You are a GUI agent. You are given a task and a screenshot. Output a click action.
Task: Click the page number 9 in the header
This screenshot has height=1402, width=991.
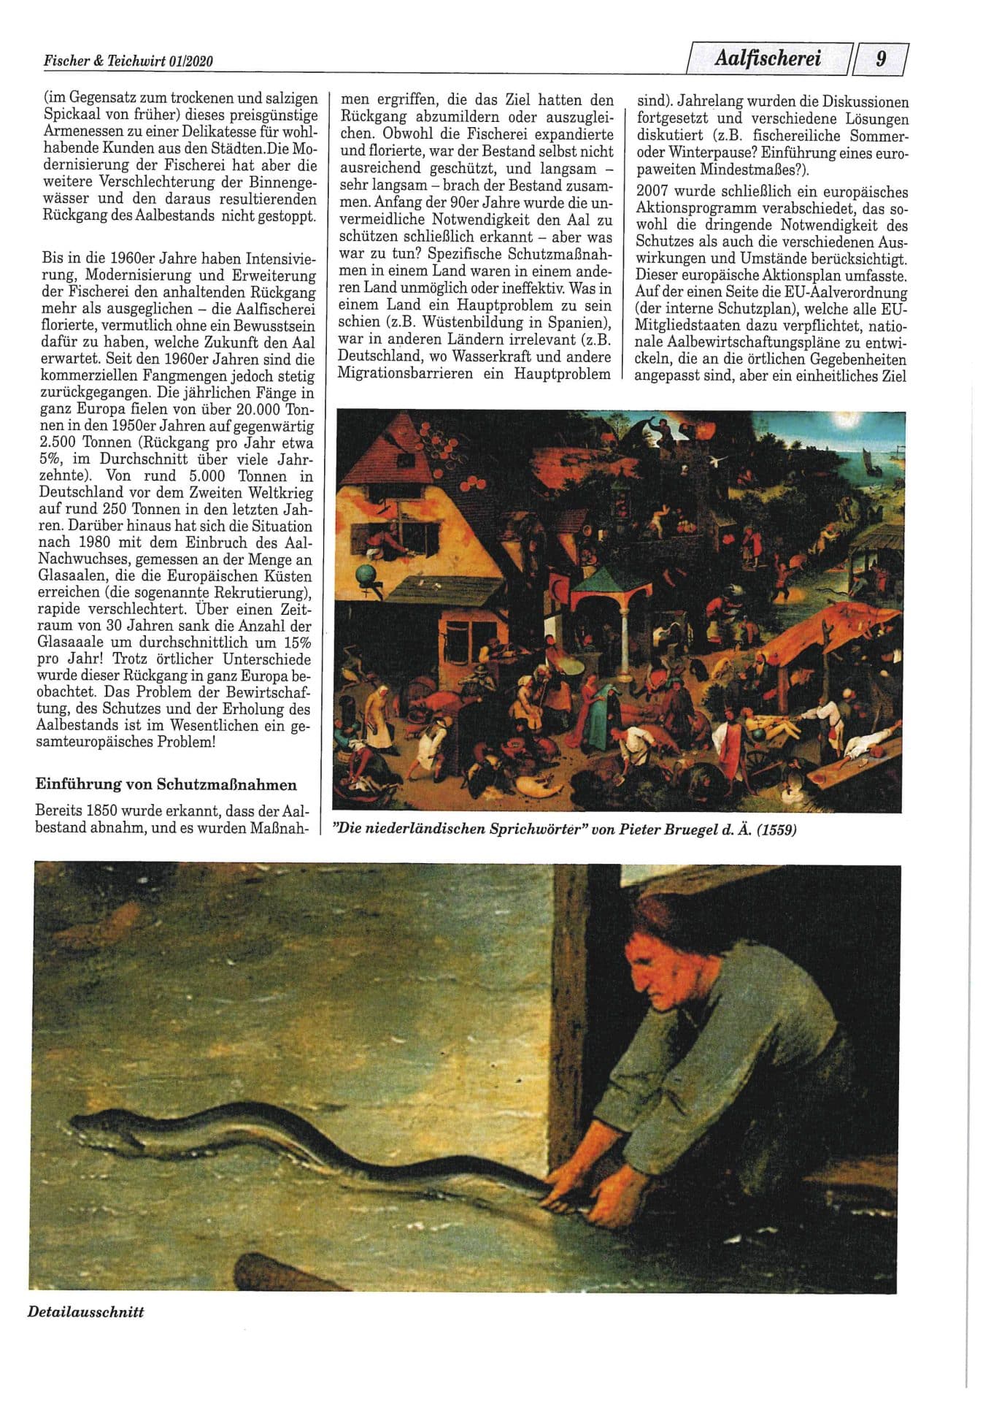coord(882,58)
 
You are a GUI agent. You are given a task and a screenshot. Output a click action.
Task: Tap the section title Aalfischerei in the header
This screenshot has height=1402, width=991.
coord(768,58)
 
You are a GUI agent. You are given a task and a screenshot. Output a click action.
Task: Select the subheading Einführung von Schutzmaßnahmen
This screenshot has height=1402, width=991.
coord(166,785)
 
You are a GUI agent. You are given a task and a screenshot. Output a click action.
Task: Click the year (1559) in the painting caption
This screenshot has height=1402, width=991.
coord(776,830)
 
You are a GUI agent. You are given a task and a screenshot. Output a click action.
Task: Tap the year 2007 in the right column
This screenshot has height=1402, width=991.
coord(652,192)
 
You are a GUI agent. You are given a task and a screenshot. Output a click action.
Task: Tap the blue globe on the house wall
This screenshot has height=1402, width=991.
coord(362,574)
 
